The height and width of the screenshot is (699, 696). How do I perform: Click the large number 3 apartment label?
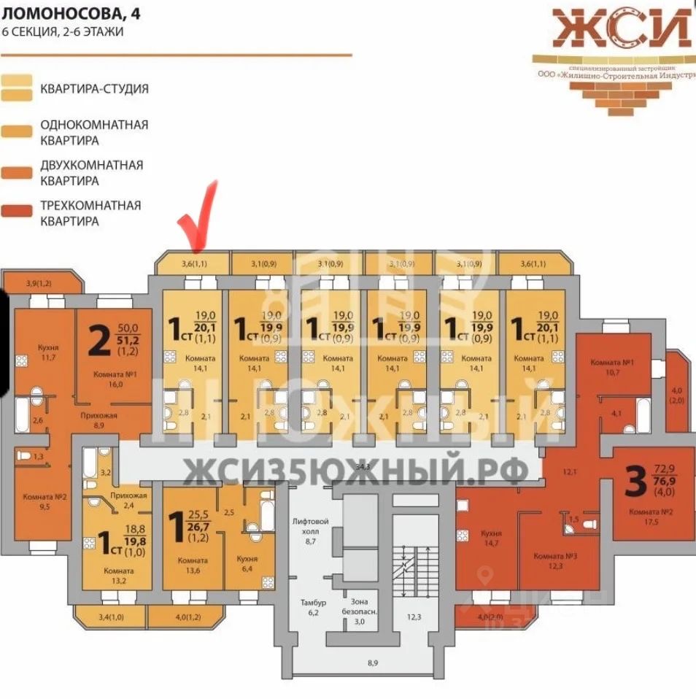point(636,482)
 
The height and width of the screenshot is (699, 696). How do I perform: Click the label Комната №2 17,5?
point(651,517)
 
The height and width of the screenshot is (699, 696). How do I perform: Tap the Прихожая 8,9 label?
point(98,417)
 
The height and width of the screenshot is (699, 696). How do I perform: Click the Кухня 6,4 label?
point(248,564)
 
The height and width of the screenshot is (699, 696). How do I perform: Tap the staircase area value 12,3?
point(414,617)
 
